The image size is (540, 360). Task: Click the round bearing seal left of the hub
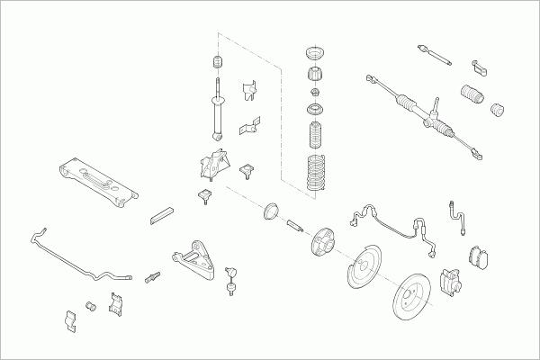267,214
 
